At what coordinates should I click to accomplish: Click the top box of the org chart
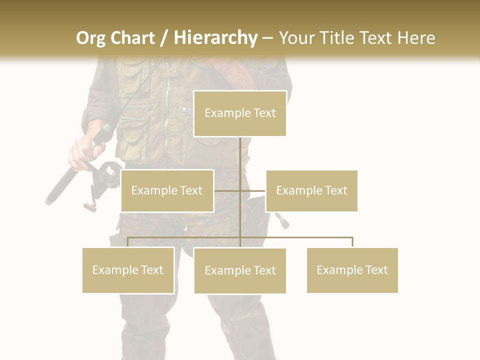(240, 113)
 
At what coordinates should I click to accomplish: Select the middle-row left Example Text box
(167, 190)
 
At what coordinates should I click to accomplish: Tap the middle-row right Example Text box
(311, 190)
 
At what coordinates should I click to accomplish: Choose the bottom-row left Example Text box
(128, 270)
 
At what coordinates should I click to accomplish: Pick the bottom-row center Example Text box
(240, 270)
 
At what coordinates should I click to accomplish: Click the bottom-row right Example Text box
(352, 270)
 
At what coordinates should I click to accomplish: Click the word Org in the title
(90, 38)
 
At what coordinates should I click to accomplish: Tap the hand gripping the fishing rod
(85, 152)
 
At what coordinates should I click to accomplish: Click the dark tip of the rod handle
(50, 200)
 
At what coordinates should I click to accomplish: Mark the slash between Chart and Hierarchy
(164, 38)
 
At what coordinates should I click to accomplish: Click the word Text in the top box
(264, 113)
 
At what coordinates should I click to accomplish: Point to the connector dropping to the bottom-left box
(128, 242)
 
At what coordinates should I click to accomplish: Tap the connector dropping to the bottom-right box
(352, 242)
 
